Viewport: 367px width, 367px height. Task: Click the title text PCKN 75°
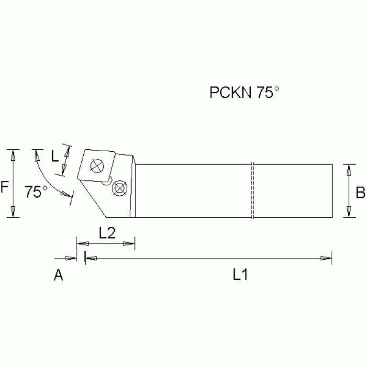pos(244,92)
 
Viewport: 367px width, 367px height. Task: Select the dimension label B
pos(360,192)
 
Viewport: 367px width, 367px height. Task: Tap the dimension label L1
pos(240,275)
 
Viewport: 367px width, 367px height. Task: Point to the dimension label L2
pos(108,233)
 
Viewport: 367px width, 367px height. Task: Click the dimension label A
pos(58,275)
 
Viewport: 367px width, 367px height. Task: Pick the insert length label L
pos(55,156)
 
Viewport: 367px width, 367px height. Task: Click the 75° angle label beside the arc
pos(36,192)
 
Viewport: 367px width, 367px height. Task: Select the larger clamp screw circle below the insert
pos(118,188)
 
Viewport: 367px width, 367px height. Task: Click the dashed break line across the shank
pos(252,190)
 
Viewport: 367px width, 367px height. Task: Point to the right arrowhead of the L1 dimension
pos(326,258)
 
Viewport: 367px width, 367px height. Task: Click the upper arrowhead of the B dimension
pos(350,169)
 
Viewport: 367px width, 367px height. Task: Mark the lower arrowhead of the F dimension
pos(14,211)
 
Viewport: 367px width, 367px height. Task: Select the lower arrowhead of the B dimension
pos(350,211)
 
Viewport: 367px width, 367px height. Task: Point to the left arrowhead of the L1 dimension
pos(91,258)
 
